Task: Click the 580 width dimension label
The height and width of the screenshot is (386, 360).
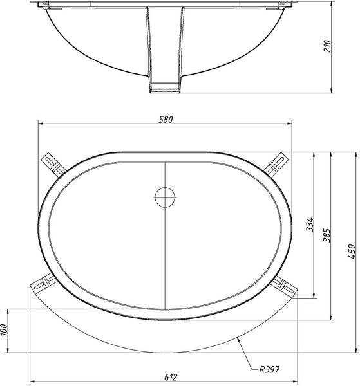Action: pyautogui.click(x=166, y=120)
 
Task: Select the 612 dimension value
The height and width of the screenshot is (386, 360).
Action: pyautogui.click(x=171, y=377)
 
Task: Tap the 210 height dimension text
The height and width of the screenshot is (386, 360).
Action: pyautogui.click(x=327, y=46)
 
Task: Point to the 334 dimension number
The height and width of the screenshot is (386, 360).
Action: pyautogui.click(x=310, y=225)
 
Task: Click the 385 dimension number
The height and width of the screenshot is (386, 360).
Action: pyautogui.click(x=327, y=235)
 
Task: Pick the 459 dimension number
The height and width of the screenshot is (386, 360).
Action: pyautogui.click(x=352, y=252)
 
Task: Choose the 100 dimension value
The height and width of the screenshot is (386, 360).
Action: pyautogui.click(x=5, y=329)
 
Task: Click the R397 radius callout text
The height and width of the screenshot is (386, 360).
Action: pyautogui.click(x=269, y=369)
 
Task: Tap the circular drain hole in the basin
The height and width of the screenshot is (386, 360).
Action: pyautogui.click(x=165, y=198)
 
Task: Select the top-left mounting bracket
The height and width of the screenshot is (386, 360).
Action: pyautogui.click(x=53, y=164)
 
